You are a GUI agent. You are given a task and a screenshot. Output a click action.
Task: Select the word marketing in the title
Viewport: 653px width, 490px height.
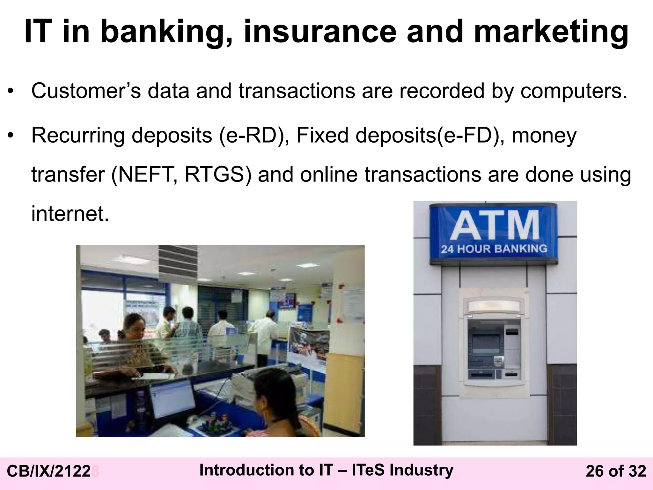point(551,32)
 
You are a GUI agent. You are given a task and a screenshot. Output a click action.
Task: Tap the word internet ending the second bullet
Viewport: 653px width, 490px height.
point(70,213)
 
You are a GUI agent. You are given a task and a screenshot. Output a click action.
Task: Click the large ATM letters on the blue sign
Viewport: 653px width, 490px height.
point(495,226)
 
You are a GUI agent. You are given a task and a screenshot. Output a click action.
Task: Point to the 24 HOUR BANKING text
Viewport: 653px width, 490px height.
point(494,249)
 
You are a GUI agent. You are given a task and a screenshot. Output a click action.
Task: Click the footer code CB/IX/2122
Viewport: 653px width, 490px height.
point(48,471)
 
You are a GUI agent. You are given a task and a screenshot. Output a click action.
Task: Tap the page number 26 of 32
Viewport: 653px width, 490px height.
point(616,471)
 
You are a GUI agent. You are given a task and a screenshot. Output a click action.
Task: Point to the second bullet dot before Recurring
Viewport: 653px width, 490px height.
point(11,136)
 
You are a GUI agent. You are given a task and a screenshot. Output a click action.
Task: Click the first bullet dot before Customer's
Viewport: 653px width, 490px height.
point(11,92)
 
